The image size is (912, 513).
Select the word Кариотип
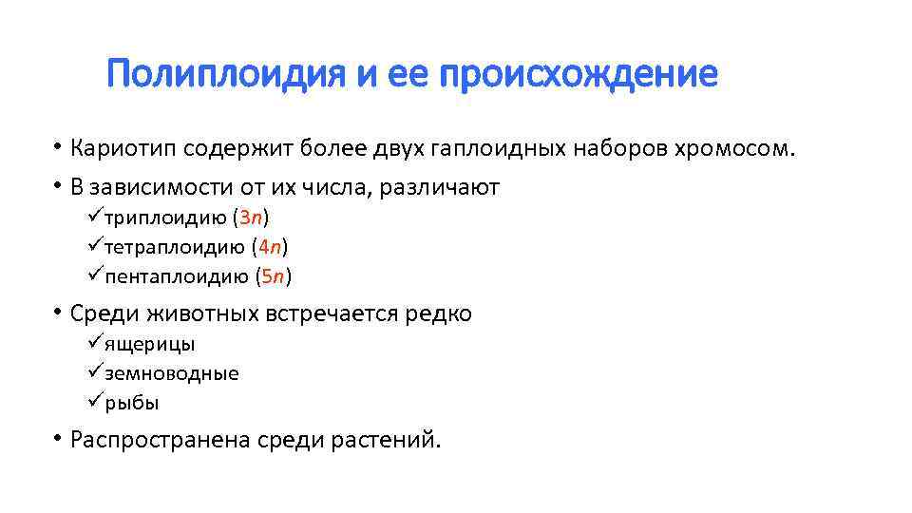124,150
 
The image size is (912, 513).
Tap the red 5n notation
274,277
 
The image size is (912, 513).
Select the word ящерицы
149,344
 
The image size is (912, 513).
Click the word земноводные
171,373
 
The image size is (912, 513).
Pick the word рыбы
132,403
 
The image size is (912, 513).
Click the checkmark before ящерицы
93,342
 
